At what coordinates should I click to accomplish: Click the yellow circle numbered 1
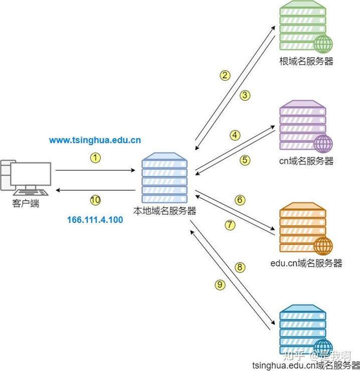95,158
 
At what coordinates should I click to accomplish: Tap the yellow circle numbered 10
95,200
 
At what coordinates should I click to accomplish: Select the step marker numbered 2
225,75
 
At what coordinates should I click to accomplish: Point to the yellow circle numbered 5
245,160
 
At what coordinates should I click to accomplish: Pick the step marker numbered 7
230,225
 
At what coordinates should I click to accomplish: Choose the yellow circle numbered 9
220,285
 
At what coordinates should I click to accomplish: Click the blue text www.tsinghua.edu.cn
95,140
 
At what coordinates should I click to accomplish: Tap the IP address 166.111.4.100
95,220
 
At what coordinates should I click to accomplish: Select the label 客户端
26,203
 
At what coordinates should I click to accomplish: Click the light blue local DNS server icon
164,178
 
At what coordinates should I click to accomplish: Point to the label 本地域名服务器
165,211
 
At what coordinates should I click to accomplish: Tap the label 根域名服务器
306,61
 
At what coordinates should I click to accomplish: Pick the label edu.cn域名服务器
306,263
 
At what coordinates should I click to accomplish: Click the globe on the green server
323,44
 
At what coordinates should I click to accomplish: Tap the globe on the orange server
323,246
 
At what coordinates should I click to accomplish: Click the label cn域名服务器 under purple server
306,161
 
